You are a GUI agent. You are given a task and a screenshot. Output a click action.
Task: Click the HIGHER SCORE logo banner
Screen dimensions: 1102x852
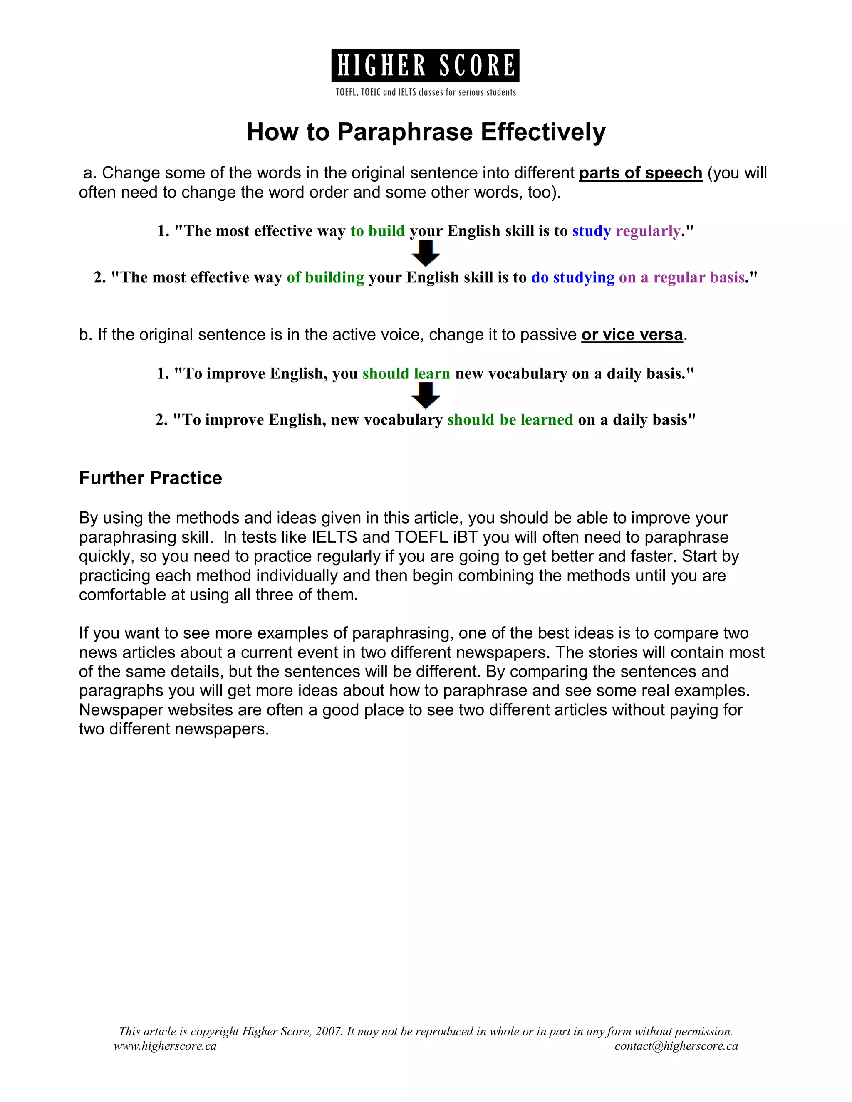coord(425,66)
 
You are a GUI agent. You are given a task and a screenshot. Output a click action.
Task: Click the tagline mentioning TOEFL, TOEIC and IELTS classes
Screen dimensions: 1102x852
coord(426,92)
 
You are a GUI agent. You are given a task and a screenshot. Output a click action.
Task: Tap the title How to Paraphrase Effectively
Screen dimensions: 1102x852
coord(426,132)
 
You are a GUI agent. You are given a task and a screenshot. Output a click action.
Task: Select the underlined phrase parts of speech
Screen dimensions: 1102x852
coord(641,173)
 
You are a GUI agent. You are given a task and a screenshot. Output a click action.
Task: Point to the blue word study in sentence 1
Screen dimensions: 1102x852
coord(591,231)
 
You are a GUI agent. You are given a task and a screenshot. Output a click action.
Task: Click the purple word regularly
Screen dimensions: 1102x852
coord(648,231)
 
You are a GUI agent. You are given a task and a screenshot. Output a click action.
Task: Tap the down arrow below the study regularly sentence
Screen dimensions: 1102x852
coord(426,253)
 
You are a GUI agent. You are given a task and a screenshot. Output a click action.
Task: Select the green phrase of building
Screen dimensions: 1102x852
coord(325,277)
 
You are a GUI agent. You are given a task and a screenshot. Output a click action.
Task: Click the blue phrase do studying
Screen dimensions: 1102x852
coord(572,277)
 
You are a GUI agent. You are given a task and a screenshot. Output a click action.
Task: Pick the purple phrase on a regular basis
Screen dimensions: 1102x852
coord(681,277)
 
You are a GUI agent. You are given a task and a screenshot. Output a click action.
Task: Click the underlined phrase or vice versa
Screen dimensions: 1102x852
coord(632,335)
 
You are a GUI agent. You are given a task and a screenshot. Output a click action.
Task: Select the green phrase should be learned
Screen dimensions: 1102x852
coord(510,420)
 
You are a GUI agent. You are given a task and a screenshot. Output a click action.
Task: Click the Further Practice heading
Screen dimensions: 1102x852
coord(151,478)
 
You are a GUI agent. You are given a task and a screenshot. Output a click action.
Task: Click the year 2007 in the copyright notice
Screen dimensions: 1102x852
coord(329,1031)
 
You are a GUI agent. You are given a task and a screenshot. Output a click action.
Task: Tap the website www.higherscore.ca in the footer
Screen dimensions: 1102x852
coord(165,1046)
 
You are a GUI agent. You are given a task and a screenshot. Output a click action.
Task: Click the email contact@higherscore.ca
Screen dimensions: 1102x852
coord(676,1046)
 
